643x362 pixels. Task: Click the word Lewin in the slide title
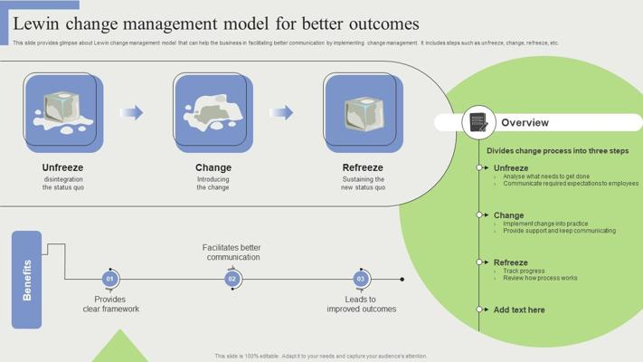click(x=39, y=24)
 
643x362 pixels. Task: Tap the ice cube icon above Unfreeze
click(x=63, y=112)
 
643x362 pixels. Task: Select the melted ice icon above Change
click(x=213, y=112)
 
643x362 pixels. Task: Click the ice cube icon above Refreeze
click(x=363, y=112)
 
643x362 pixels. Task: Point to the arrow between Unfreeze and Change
click(x=132, y=113)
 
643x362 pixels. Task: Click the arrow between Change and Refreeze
click(x=282, y=113)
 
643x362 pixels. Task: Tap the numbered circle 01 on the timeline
click(x=110, y=279)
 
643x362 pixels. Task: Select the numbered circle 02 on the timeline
click(x=232, y=279)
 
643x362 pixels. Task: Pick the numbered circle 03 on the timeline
click(x=361, y=279)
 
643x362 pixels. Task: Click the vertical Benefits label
click(x=26, y=280)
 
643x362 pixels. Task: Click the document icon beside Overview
click(x=478, y=122)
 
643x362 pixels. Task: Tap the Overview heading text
click(x=525, y=123)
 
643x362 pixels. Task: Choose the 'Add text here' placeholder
click(x=519, y=310)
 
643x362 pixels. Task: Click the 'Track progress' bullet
click(x=524, y=271)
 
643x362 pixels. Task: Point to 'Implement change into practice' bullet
click(x=545, y=224)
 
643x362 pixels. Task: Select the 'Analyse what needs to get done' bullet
click(x=546, y=176)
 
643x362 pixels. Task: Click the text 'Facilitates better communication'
click(x=232, y=252)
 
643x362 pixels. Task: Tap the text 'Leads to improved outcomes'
click(x=361, y=304)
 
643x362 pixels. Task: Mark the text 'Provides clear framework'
click(x=110, y=304)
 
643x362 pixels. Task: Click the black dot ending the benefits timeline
click(x=402, y=279)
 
